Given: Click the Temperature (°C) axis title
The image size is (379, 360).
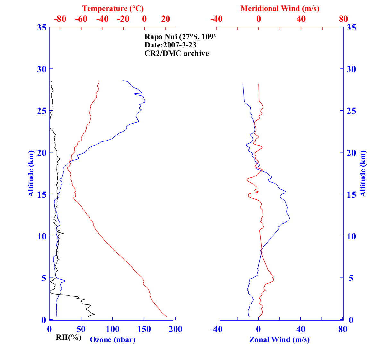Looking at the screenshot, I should pos(113,9).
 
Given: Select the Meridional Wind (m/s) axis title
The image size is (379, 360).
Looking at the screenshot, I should pos(280,9).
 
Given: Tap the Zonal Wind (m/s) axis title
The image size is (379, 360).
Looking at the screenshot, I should pos(280,339).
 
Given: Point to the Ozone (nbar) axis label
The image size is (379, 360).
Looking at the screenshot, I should pos(113,339).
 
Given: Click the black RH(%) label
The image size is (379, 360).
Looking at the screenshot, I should pos(68,337).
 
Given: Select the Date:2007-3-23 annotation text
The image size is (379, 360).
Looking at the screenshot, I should pos(170,45).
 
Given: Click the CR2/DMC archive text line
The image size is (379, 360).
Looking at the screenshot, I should pos(177,53).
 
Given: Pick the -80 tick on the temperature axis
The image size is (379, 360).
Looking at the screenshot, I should pos(60,19).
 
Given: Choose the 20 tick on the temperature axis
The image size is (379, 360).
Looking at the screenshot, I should pos(166,19).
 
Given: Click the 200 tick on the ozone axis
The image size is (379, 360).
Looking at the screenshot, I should pos(176,329).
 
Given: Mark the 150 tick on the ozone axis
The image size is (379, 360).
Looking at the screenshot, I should pos(144,329).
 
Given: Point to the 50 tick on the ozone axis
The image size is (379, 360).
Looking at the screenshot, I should pos(81,329).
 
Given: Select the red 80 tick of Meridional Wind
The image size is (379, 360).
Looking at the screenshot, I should pos(343,19).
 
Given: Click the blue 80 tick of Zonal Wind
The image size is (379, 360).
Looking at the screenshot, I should pos(343,329).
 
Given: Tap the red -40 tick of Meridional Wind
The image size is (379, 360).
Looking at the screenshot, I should pos(216,19).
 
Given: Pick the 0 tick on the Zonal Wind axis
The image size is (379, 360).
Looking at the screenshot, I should pos(258,329).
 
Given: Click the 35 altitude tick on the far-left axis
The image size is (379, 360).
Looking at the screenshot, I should pos(41,28).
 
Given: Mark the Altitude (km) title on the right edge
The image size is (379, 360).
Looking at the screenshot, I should pos(363,174).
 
